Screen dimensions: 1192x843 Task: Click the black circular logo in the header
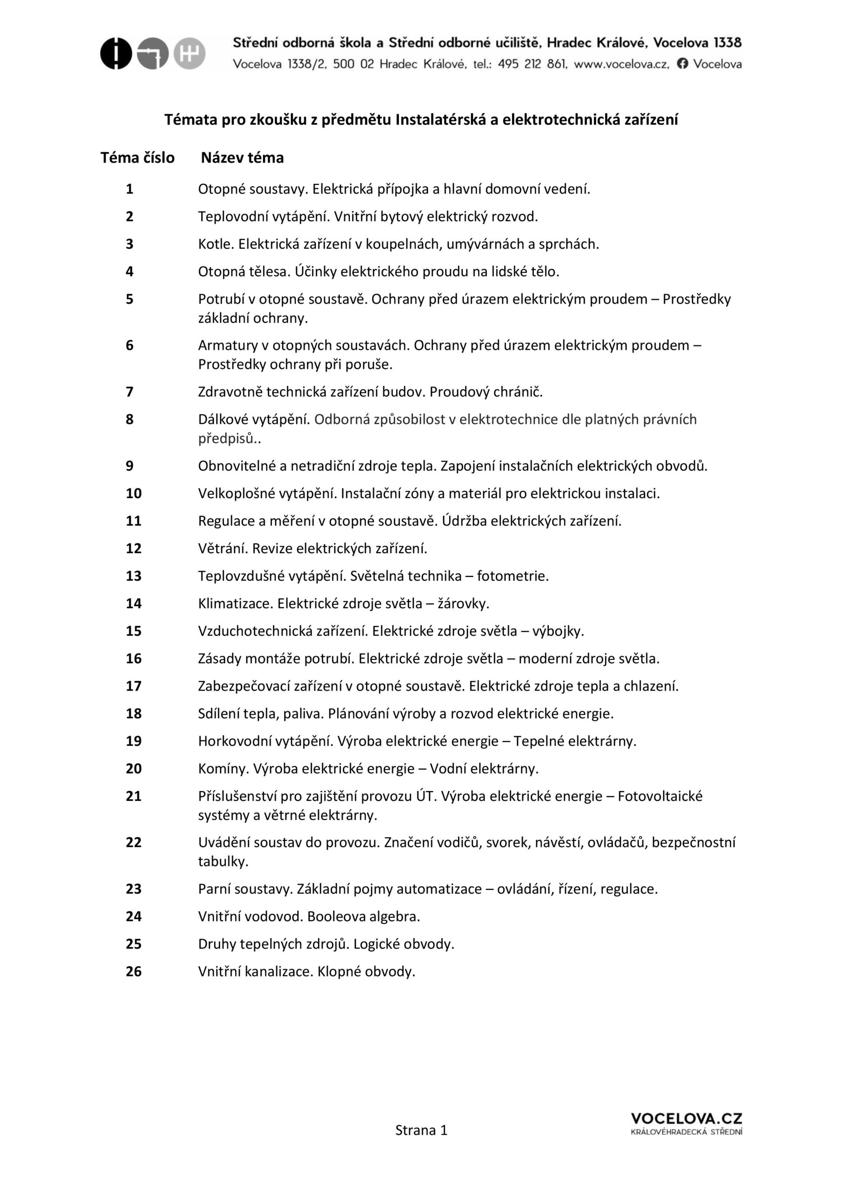pos(116,54)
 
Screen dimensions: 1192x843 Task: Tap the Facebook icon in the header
pos(683,64)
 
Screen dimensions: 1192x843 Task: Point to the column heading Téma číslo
pos(138,158)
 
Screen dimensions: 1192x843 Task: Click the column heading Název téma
pos(243,158)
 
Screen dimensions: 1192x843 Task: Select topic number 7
pos(130,392)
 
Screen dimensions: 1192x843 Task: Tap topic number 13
pos(134,576)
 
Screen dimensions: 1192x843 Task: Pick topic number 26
pos(134,972)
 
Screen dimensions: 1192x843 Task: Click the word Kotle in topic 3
pos(215,244)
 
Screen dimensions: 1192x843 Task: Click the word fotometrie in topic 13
pos(513,576)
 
